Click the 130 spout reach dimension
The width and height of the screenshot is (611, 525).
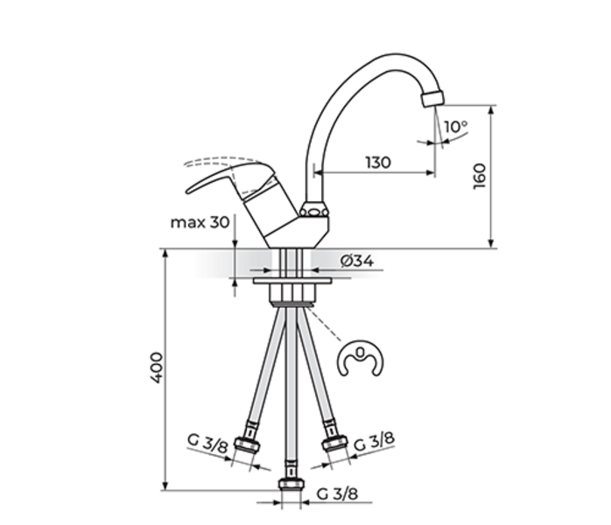tap(378, 162)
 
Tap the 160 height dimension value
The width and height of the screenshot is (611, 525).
tap(480, 177)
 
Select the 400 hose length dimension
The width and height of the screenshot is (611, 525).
tap(157, 367)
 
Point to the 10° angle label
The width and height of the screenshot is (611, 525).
tap(455, 127)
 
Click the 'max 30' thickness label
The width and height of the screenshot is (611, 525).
tap(200, 222)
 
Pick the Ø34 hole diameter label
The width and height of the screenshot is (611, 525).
tap(357, 261)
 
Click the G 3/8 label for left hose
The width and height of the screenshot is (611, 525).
tap(207, 443)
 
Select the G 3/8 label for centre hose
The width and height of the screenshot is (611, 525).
tap(338, 493)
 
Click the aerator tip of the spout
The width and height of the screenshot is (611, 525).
tap(432, 97)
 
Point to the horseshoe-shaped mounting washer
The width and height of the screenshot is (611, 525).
tap(360, 360)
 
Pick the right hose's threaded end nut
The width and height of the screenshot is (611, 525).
tap(334, 444)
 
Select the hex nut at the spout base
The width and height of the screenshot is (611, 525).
tap(313, 209)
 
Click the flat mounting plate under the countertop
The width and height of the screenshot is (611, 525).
tap(291, 280)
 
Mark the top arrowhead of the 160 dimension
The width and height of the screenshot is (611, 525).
tap(492, 109)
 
